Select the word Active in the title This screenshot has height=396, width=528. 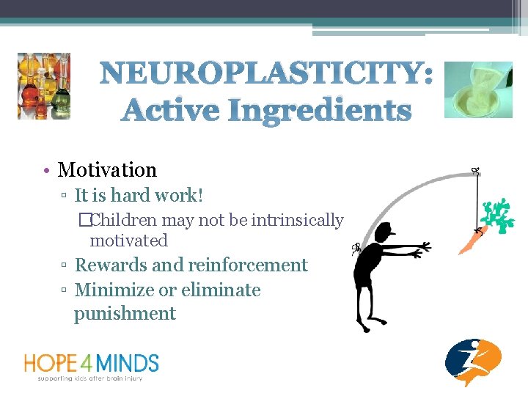pos(171,111)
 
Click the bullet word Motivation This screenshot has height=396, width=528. pos(107,170)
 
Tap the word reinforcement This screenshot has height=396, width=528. pos(248,265)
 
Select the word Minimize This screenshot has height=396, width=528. pos(114,290)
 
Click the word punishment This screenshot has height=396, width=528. pos(125,314)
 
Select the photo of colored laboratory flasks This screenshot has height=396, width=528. pos(44,86)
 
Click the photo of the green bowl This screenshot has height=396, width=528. pos(478,89)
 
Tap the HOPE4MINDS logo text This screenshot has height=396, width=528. pos(92,363)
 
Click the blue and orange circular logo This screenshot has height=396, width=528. pos(474,362)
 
